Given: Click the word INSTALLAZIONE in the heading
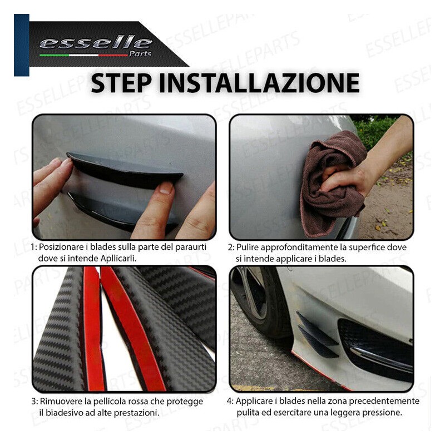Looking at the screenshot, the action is pos(259,83).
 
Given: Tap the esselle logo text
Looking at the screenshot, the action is pos(96,43).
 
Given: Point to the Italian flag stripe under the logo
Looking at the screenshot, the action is pos(83,55).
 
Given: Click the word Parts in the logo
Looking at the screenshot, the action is pos(140,53).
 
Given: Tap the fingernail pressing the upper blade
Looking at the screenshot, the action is pos(166,188).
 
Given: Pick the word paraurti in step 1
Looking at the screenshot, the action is pos(190,248).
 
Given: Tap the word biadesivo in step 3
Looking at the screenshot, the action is pos(65,413).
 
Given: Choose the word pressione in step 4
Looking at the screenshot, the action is pos(383,413).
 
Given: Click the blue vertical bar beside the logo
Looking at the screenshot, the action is pos(22,45).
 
